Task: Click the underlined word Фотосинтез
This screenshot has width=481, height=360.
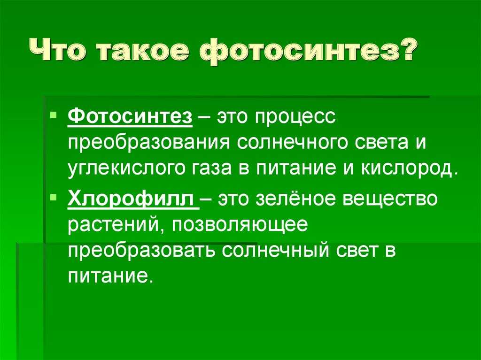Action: [x=130, y=116]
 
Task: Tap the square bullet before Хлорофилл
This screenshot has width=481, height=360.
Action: [x=54, y=197]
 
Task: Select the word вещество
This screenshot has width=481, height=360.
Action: [x=389, y=199]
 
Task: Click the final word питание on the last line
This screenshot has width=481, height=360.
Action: [x=109, y=276]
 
